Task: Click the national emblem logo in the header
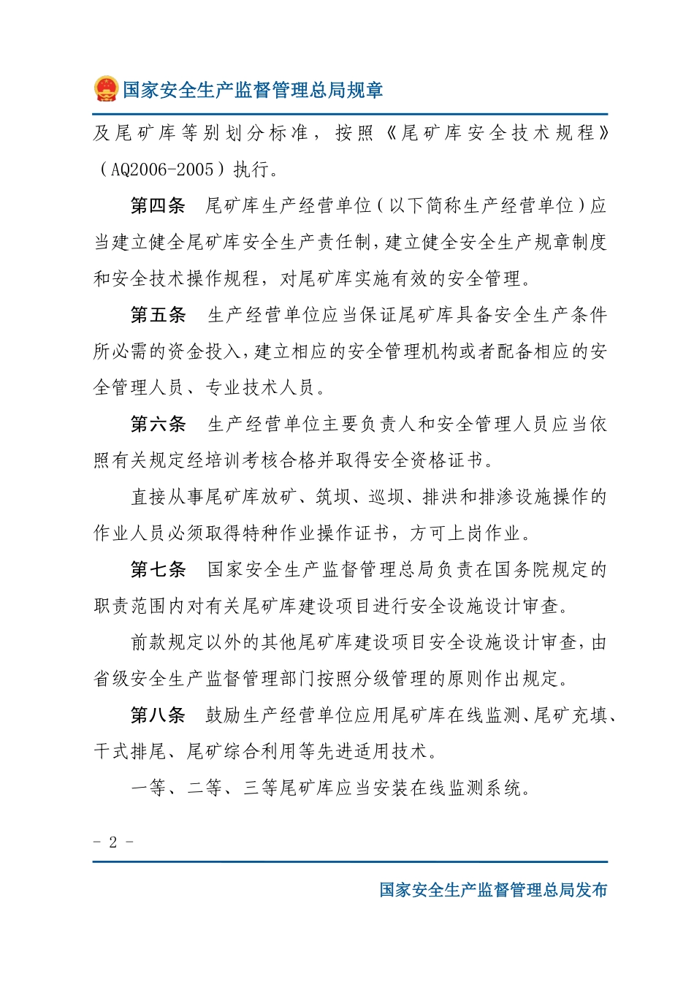point(106,89)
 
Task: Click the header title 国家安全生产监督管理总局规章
point(253,90)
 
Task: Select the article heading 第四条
point(158,206)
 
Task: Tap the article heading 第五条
point(158,315)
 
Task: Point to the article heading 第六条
point(158,425)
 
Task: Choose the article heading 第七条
point(158,570)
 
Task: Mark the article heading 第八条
point(158,715)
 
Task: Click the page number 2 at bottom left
point(113,842)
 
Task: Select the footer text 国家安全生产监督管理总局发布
point(493,890)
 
